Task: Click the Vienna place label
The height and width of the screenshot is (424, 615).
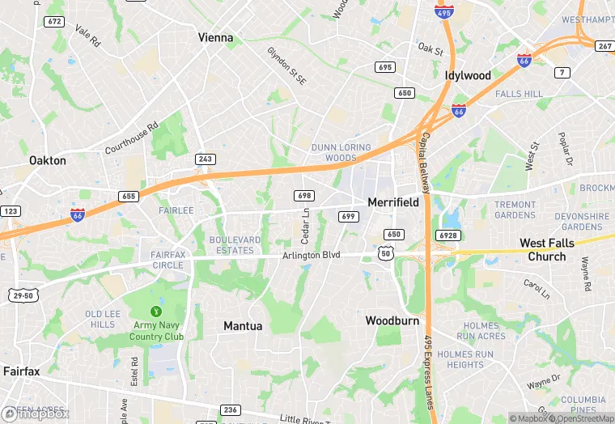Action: coord(215,37)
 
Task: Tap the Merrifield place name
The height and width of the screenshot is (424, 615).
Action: coord(393,202)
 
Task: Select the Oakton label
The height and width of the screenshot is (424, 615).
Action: coord(47,160)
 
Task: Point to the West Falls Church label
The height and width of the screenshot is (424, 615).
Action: coord(547,249)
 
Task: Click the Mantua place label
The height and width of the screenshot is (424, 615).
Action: coord(243,325)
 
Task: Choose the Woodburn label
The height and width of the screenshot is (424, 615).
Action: coord(392,320)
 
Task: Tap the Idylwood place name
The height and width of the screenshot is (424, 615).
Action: coord(468,75)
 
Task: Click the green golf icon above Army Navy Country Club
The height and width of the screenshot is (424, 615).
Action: coord(156,311)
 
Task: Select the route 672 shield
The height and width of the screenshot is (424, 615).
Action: coord(55,22)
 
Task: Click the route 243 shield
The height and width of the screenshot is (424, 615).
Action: coord(206,159)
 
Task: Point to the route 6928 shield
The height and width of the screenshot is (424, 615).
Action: coord(448,235)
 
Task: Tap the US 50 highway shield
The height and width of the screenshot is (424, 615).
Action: coord(387,254)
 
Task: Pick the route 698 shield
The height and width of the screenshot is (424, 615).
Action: coord(304,196)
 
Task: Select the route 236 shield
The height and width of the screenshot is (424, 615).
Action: coord(231,410)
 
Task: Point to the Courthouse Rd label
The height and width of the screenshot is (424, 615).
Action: coord(131,137)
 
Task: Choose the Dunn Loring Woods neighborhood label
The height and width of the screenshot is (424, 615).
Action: coord(341,153)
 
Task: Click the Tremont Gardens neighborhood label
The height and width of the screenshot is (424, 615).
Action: coord(515,210)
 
